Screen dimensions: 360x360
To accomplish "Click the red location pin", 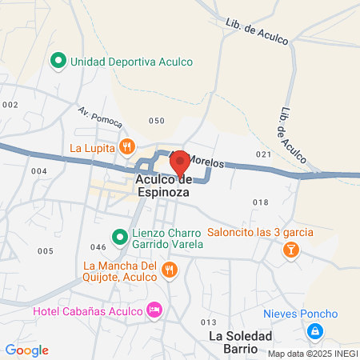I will [180, 162].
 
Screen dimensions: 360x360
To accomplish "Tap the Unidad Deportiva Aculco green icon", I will [58, 60].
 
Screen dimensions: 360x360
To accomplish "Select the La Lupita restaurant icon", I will [126, 147].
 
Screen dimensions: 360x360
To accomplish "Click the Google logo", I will [26, 350].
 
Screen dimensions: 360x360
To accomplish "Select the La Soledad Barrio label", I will [241, 342].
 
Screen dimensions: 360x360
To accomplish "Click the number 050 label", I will [157, 121].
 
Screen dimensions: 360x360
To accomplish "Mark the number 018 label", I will [260, 202].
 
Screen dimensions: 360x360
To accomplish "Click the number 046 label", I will [98, 247].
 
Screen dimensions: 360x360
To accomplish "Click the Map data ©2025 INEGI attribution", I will [313, 353].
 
